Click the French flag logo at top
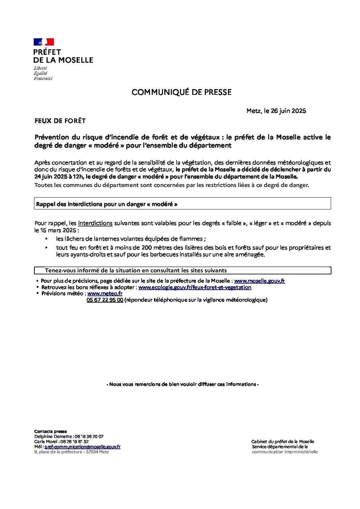point(44,42)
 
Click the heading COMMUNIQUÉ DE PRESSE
point(181,92)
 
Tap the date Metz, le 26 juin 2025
point(276,111)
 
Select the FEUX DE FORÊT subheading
point(60,121)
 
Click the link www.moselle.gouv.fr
point(259,281)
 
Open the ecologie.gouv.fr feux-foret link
point(195,287)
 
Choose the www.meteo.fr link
point(105,293)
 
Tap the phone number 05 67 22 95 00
point(105,300)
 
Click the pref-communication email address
point(82,447)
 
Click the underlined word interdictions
point(95,223)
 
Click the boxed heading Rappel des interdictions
point(107,204)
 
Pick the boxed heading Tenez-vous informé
point(136,271)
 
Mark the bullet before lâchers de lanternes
point(46,239)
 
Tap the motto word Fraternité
point(43,79)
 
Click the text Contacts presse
point(50,431)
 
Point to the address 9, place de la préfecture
point(71,452)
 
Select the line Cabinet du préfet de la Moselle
point(282,442)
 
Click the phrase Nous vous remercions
point(182,384)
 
